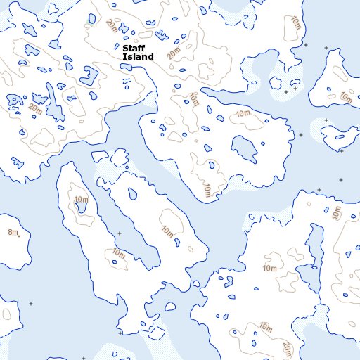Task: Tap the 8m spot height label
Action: (x=12, y=232)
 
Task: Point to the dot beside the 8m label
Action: (x=20, y=231)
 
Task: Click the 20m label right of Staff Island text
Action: (x=174, y=51)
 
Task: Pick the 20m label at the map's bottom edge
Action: (x=288, y=349)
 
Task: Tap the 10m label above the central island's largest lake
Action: (x=243, y=114)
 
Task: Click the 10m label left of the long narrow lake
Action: (x=270, y=269)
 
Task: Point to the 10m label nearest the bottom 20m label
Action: (x=265, y=326)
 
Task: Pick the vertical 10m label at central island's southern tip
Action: (x=207, y=190)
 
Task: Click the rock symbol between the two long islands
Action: (x=120, y=233)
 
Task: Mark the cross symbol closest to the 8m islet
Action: (x=30, y=303)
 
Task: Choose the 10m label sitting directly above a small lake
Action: (x=81, y=200)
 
